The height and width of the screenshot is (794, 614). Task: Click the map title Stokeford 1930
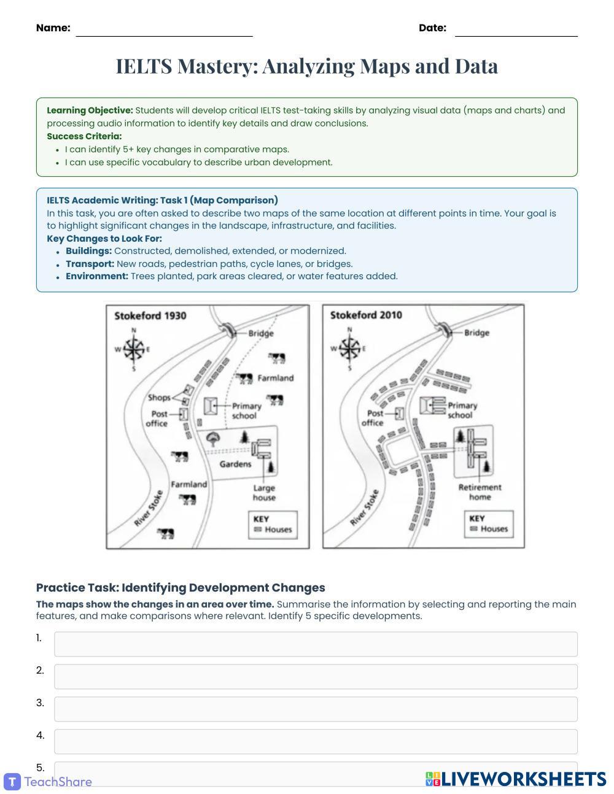pyautogui.click(x=150, y=316)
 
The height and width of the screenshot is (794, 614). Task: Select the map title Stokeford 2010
pyautogui.click(x=366, y=315)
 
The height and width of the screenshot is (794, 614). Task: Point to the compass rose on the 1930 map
pyautogui.click(x=133, y=350)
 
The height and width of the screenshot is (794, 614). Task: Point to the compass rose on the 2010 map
pyautogui.click(x=349, y=349)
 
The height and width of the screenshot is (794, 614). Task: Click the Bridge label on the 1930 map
pyautogui.click(x=261, y=334)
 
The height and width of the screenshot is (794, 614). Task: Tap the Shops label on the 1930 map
pyautogui.click(x=159, y=398)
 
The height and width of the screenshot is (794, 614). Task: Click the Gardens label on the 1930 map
pyautogui.click(x=235, y=464)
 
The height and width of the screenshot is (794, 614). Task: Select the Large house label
pyautogui.click(x=264, y=493)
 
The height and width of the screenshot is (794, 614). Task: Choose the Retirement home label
pyautogui.click(x=480, y=492)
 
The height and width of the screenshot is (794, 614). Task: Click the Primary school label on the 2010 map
pyautogui.click(x=462, y=410)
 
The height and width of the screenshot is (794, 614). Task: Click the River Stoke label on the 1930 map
pyautogui.click(x=149, y=507)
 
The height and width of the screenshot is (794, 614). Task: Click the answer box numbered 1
pyautogui.click(x=316, y=644)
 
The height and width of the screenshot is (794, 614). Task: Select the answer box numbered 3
pyautogui.click(x=316, y=709)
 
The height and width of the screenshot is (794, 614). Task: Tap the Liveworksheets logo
pyautogui.click(x=516, y=779)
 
